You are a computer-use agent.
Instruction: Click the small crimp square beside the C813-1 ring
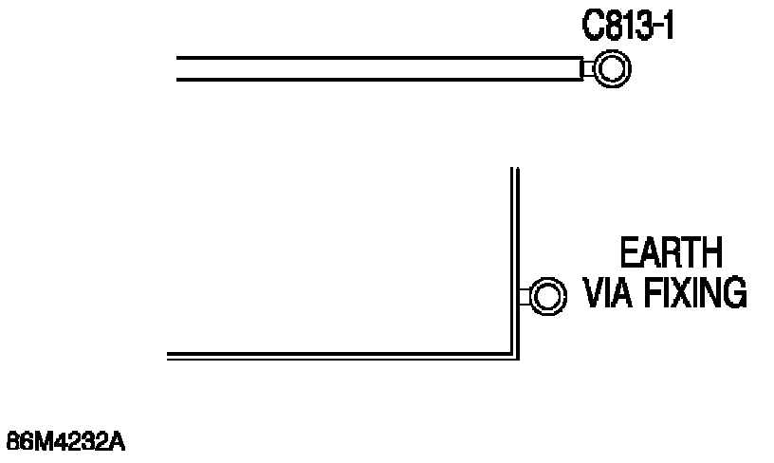tap(587, 68)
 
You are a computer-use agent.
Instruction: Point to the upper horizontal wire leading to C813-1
tap(379, 68)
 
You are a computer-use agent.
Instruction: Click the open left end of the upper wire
tap(179, 68)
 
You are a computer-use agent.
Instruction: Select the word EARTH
tap(670, 254)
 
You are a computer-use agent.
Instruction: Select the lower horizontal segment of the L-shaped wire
tap(341, 355)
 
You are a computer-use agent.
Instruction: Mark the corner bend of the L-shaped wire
tap(515, 355)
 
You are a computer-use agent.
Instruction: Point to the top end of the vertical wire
tap(515, 171)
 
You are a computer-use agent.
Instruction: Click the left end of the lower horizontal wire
tap(170, 355)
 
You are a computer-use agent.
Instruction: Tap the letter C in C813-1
tap(593, 26)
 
